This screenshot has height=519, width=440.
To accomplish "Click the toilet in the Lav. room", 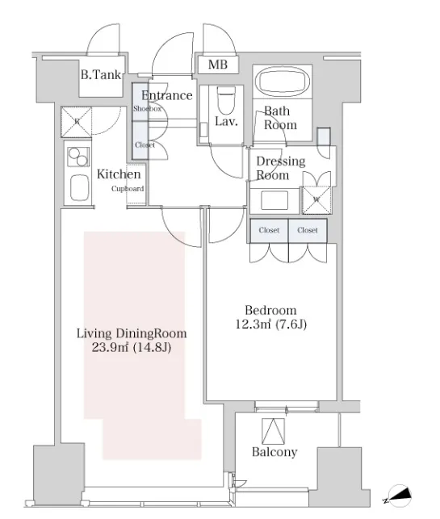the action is (226, 100).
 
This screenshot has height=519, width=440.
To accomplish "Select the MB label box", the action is (218, 65).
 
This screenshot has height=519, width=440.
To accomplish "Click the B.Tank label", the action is (101, 75).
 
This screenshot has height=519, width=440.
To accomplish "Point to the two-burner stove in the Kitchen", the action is (78, 157).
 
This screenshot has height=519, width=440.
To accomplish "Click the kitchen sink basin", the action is (79, 187).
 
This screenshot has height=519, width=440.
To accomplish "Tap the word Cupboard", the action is (128, 189).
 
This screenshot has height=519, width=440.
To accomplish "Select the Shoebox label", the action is (147, 109).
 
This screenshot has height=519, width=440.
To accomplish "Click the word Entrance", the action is (167, 95).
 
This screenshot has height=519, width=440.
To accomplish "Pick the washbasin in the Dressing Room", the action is (274, 200).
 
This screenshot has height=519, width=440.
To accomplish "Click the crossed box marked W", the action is (316, 199).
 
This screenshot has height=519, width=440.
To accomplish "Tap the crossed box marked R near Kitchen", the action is (77, 121).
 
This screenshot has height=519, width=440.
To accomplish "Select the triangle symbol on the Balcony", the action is (273, 431).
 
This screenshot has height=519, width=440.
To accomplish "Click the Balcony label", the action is (274, 452).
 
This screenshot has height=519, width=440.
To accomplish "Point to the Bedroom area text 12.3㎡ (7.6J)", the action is (270, 324).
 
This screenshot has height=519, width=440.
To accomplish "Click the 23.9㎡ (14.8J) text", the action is (131, 348).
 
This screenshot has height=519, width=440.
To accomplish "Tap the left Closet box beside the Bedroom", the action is (269, 230).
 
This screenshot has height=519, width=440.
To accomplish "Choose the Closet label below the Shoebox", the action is (145, 145).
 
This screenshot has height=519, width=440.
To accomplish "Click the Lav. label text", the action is (226, 121).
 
